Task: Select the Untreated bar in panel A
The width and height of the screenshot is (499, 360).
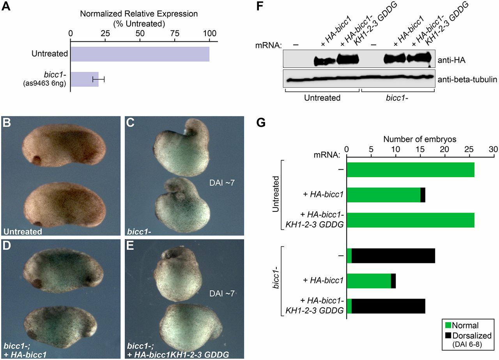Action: click(140, 54)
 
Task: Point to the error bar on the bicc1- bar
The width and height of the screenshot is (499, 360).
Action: click(99, 80)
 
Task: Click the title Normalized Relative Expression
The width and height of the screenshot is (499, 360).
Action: click(139, 14)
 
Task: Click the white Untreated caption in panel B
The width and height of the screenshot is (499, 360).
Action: click(23, 232)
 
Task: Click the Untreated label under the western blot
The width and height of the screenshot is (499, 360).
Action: click(322, 98)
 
